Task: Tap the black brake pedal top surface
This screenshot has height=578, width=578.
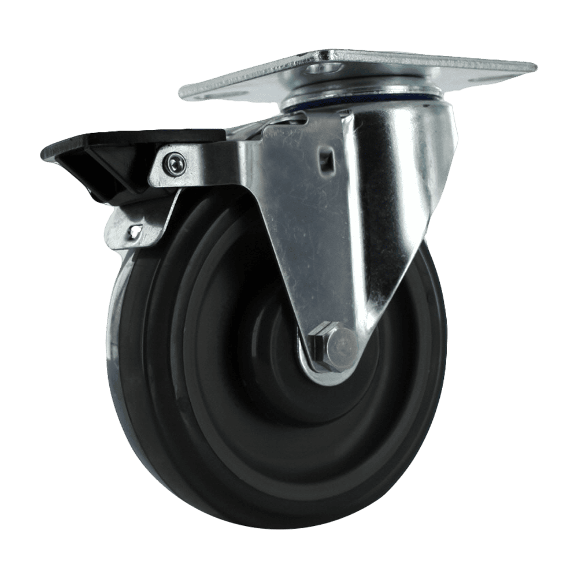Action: click(133, 142)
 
